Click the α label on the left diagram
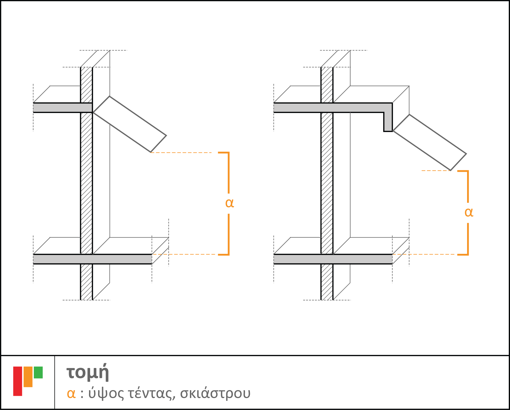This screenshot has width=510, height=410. [229, 203]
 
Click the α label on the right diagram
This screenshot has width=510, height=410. [469, 212]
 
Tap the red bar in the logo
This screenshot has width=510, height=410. [18, 381]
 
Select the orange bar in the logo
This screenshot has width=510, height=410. [28, 377]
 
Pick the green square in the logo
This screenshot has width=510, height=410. [38, 373]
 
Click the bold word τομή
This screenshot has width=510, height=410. [88, 373]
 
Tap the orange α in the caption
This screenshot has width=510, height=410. [71, 394]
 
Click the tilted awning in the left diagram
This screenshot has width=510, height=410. [130, 124]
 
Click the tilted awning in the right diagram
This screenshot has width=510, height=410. [430, 142]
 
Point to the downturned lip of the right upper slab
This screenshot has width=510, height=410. [388, 122]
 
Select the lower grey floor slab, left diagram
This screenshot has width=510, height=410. [92, 259]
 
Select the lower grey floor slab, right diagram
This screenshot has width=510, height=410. [333, 259]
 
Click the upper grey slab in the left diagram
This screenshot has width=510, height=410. [63, 108]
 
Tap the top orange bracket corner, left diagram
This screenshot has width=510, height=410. [228, 153]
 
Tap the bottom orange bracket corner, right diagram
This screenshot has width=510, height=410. [468, 254]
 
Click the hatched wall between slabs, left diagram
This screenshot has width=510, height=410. [87, 183]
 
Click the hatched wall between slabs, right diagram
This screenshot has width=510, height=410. [327, 183]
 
